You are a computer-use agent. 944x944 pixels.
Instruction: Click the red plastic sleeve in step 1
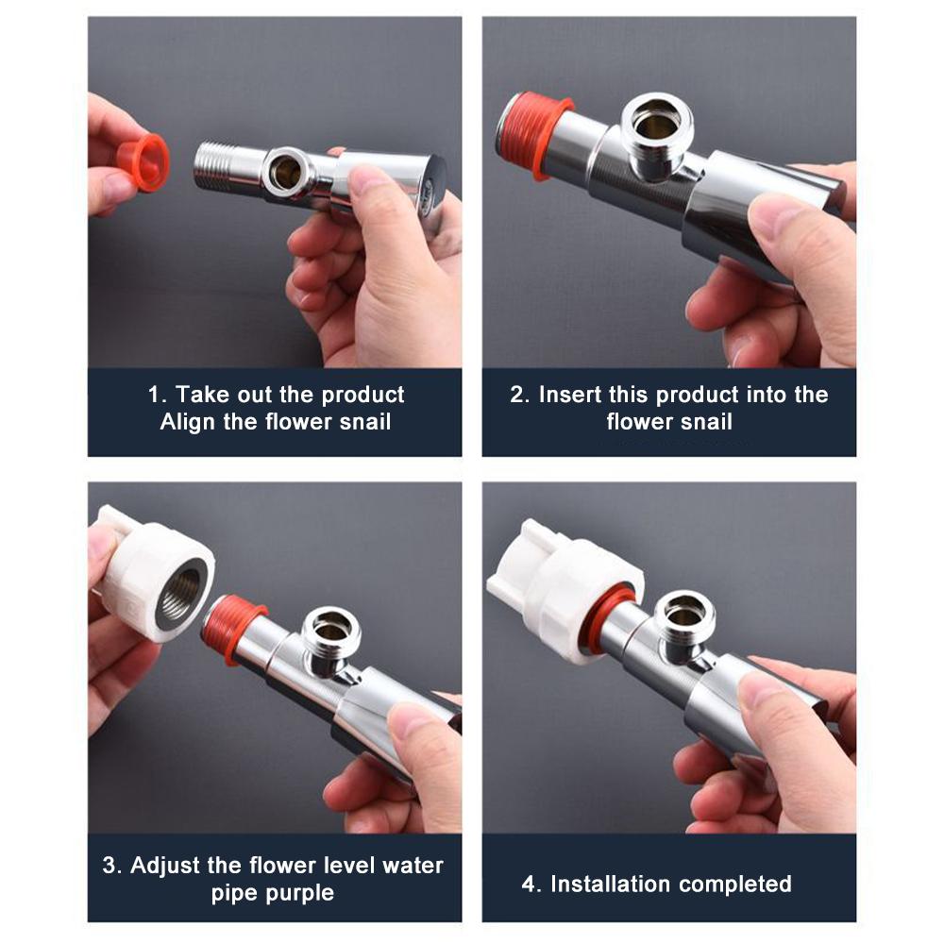(x=143, y=162)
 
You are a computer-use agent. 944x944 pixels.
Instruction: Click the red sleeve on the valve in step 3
(x=232, y=629)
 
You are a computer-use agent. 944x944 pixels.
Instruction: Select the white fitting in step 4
(x=563, y=589)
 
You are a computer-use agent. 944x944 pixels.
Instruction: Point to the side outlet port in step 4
(x=684, y=620)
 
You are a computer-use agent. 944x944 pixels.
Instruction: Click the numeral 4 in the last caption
(x=528, y=885)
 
